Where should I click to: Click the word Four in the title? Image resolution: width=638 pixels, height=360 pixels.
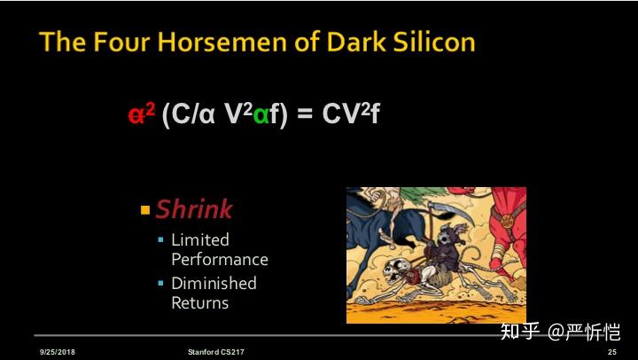(135, 42)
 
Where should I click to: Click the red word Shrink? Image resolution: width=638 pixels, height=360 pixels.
(193, 209)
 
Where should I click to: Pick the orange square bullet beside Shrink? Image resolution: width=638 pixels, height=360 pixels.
(145, 210)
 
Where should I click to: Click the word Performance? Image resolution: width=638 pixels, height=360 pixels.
(219, 259)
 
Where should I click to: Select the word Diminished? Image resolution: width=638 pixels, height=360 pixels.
(214, 283)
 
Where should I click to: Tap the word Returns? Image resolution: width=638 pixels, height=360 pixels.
(199, 302)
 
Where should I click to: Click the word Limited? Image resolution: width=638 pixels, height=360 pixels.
(199, 239)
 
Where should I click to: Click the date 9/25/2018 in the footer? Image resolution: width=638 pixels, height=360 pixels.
(58, 352)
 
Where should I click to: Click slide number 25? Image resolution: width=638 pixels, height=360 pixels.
(611, 352)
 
